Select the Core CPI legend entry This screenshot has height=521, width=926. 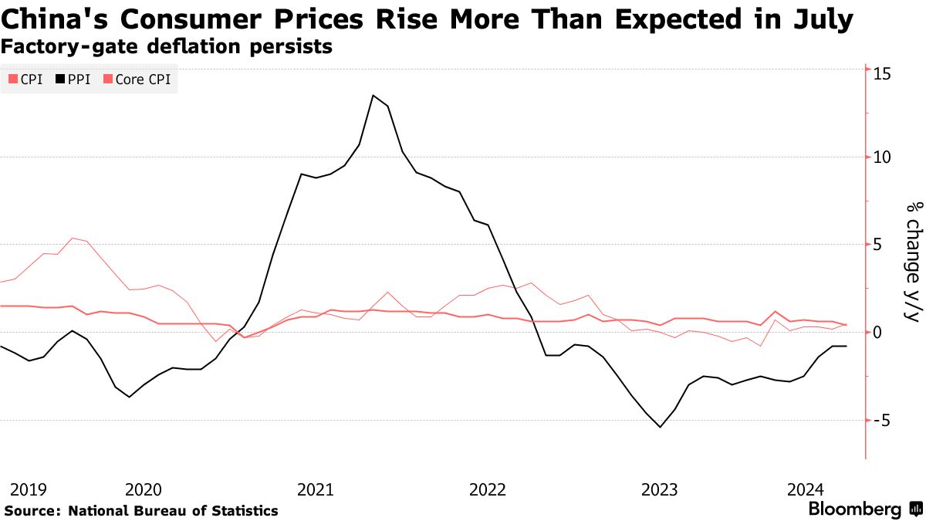point(143,80)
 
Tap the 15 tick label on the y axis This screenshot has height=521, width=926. point(882,73)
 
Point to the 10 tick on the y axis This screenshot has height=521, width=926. point(882,157)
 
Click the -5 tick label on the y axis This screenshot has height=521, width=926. point(882,421)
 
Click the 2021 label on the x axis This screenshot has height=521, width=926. point(315,489)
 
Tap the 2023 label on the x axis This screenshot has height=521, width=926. point(661,489)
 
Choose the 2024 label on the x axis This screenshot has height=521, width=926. point(806,489)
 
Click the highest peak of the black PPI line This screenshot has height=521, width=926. point(373,96)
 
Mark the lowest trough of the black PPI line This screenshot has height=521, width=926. point(661,427)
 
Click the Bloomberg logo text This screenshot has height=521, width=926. point(854,509)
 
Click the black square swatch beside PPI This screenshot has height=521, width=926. point(61,80)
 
